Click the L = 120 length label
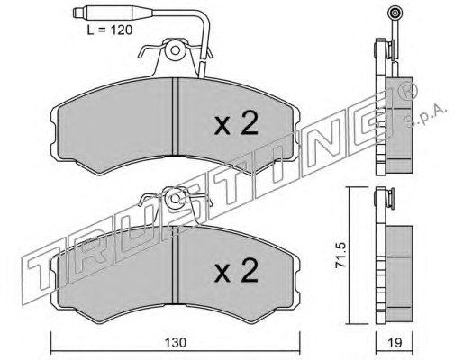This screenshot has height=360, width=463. tap(110, 31)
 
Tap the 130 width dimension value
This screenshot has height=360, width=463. tap(176, 343)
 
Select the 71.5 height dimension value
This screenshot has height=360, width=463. tap(341, 255)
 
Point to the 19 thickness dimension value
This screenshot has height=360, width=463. tap(395, 343)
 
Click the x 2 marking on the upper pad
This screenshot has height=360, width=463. tap(236, 123)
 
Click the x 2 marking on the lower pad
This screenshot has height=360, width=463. tap(236, 271)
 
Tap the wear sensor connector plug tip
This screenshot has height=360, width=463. tap(77, 13)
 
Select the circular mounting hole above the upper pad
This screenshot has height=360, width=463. tap(175, 50)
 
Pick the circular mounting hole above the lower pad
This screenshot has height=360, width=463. tap(175, 199)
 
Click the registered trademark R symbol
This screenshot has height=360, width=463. tap(410, 91)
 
